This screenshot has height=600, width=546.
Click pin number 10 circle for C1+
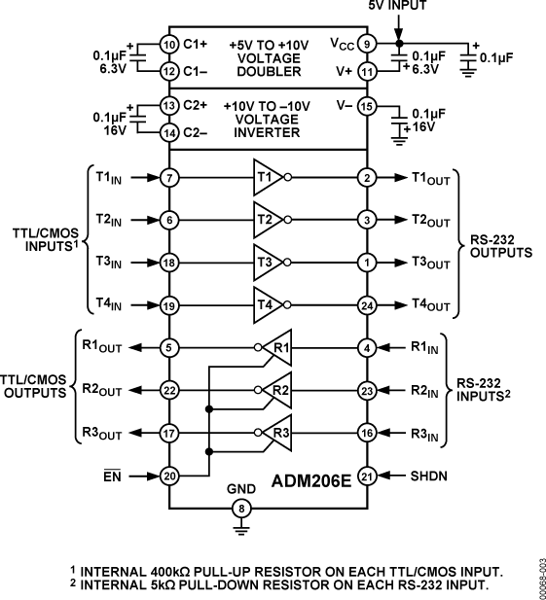tap(169, 45)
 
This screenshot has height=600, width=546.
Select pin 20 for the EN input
tap(169, 476)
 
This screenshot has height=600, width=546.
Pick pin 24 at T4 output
tap(366, 304)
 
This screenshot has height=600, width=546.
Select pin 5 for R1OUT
tap(169, 346)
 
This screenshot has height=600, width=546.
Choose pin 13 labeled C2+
tap(169, 106)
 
